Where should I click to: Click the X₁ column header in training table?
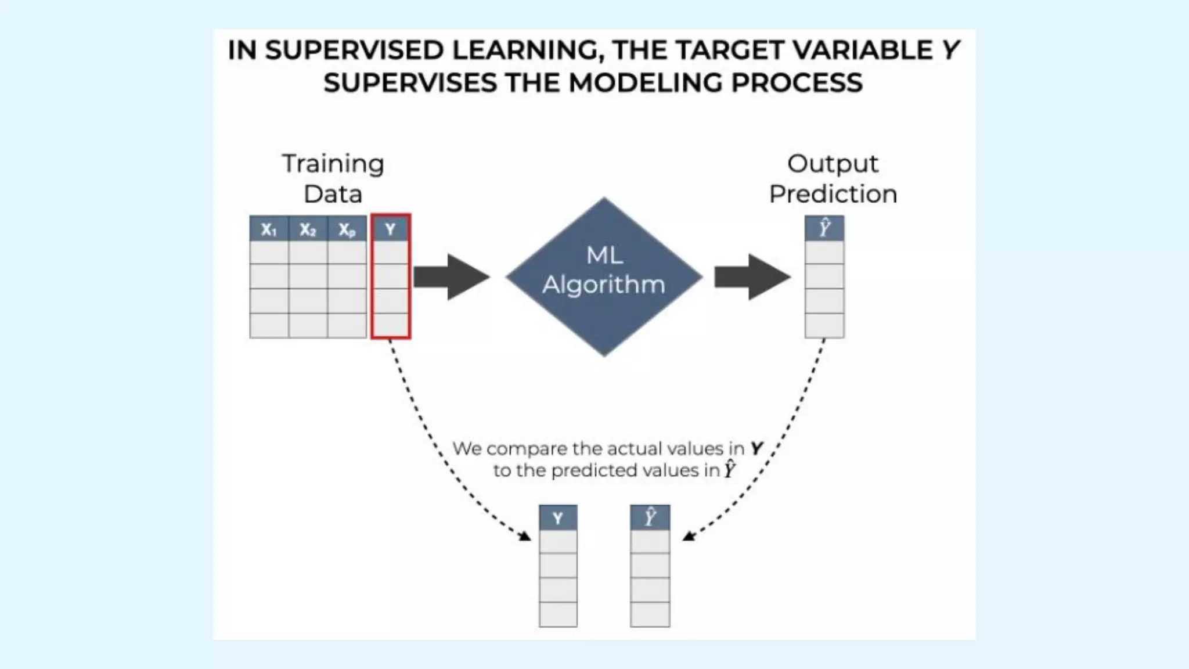(269, 229)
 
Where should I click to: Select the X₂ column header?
(308, 229)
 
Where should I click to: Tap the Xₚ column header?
(347, 229)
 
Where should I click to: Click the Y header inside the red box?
(390, 229)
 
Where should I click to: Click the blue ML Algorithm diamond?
(604, 276)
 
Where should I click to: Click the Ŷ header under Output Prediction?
(824, 228)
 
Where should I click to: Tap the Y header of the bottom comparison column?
(558, 518)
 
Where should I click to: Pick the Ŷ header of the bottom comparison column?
(650, 517)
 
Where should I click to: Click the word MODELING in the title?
(644, 82)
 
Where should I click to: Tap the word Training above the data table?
(333, 164)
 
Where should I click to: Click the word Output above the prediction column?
(833, 164)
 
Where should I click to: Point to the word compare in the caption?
(527, 449)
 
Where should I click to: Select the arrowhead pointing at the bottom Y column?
(525, 536)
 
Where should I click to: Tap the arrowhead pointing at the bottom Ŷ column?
(689, 535)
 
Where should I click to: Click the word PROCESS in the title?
(797, 82)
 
